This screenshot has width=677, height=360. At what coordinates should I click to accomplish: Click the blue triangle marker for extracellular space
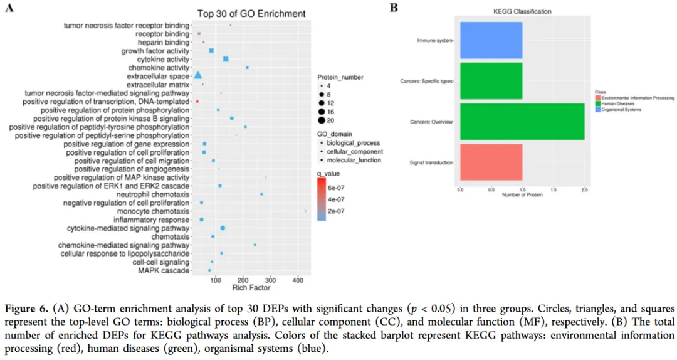point(197,76)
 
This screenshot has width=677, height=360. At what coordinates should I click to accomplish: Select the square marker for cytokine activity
point(226,59)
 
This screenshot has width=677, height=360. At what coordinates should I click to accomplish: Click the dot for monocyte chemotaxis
point(305,211)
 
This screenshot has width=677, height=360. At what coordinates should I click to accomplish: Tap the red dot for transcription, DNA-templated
point(197,101)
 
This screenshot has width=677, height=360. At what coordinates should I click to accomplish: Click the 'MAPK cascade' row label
point(166,270)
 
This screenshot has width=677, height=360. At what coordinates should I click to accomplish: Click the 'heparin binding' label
point(164,42)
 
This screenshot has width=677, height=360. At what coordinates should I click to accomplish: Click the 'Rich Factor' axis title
point(251,288)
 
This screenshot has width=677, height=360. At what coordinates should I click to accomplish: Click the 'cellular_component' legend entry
point(358,151)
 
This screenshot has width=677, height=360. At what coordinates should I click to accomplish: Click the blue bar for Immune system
point(491,41)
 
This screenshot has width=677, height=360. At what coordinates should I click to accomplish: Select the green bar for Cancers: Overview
point(522,121)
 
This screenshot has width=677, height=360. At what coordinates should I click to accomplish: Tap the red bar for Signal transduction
point(491,162)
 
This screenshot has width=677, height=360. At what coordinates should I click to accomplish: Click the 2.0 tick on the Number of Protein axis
point(584,189)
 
